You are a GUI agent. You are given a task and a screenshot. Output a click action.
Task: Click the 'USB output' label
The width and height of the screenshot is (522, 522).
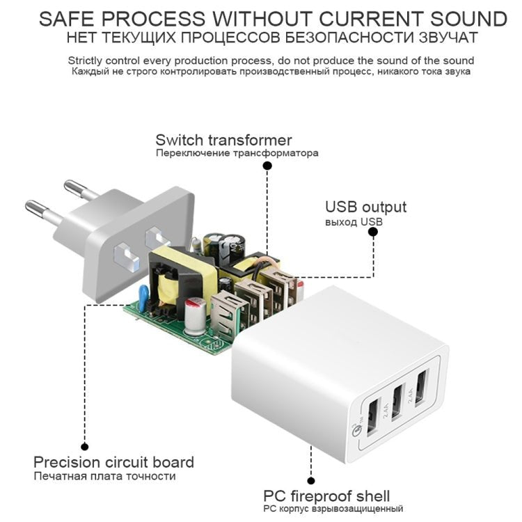(x=365, y=207)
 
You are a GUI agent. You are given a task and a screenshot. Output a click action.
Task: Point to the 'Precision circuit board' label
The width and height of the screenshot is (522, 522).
(x=113, y=462)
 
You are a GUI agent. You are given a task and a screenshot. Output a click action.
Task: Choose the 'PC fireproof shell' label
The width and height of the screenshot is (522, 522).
(x=326, y=496)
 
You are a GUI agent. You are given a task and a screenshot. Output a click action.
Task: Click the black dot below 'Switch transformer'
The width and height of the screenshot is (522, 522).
(x=267, y=166)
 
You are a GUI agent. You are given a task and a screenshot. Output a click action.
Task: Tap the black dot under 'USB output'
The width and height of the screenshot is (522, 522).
(x=373, y=234)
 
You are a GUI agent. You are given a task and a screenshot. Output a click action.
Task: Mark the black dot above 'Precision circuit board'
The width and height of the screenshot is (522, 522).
(x=85, y=447)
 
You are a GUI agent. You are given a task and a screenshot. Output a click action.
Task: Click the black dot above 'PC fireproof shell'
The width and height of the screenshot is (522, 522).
(x=311, y=480)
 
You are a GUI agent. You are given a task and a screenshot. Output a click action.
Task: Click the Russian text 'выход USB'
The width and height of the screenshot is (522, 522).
(x=353, y=222)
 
